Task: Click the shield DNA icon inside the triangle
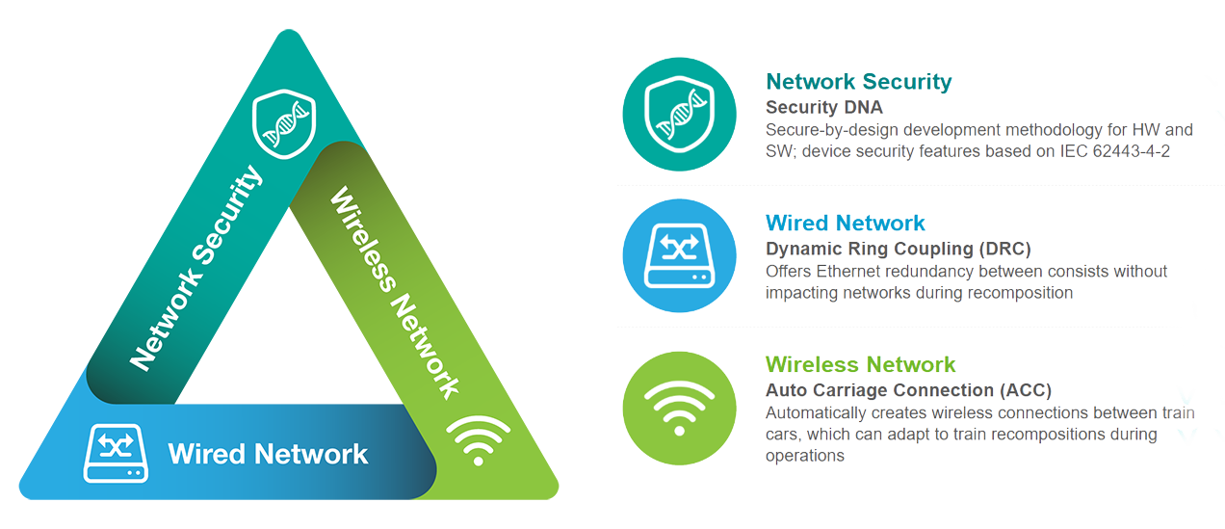coord(284,123)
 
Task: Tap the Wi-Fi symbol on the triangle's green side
coord(479,440)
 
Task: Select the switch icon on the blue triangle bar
coord(116,454)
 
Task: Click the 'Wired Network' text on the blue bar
coord(268,454)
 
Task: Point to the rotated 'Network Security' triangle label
coord(195,268)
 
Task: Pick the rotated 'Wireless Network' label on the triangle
coord(395,293)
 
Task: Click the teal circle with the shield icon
coord(679,115)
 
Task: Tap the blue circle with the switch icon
coord(679,255)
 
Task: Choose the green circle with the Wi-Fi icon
coord(679,409)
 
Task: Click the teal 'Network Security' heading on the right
coord(859,82)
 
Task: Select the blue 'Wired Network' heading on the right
coord(845,224)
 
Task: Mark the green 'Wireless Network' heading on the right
coord(860,364)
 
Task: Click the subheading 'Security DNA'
coord(824,107)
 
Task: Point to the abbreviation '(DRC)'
coord(1004,249)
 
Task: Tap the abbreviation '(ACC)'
coord(1026,390)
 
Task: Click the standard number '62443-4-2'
coord(1131,151)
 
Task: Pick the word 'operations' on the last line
coord(805,456)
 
